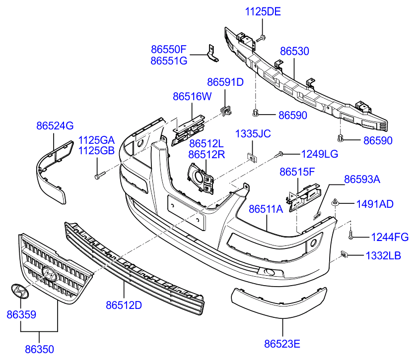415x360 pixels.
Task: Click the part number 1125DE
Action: pos(263,11)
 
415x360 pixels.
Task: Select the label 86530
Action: pos(294,51)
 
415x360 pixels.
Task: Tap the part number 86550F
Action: pos(168,50)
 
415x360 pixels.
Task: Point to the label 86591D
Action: pos(225,82)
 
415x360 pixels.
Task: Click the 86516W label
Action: pos(192,97)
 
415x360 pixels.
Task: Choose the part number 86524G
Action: pos(55,126)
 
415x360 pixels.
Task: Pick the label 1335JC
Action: pos(253,134)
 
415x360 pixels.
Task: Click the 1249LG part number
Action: pos(320,154)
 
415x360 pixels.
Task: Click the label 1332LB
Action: pos(383,256)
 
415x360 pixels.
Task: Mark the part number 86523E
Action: pos(282,343)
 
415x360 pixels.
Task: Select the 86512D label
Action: pos(124,305)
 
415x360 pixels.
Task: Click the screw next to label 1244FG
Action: pos(350,236)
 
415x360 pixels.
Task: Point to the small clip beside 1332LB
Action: pos(344,254)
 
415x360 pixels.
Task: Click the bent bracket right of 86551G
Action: pos(212,54)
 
